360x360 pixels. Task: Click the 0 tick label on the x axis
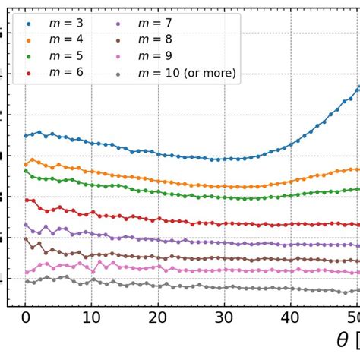(x=25, y=321)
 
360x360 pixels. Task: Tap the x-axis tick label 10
(x=91, y=321)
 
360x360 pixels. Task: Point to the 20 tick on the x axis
(x=157, y=321)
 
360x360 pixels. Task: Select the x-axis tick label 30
(x=223, y=321)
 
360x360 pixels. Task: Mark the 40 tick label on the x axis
(x=289, y=321)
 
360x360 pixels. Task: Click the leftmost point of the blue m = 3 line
(x=26, y=136)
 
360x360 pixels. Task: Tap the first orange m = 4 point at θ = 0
(x=26, y=164)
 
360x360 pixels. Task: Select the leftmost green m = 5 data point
(x=26, y=171)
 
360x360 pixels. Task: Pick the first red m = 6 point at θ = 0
(x=26, y=200)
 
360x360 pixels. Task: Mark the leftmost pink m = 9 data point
(x=26, y=272)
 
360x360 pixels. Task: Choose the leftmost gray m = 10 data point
(x=26, y=281)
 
